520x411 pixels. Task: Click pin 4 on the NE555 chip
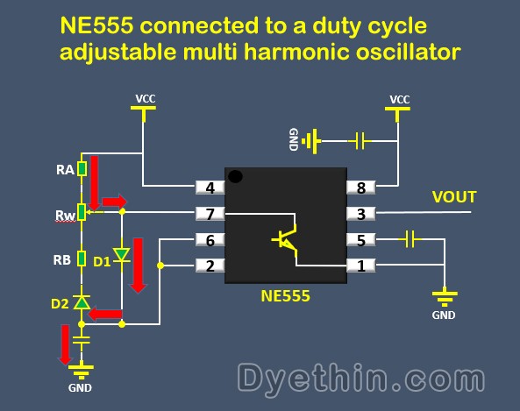(210, 187)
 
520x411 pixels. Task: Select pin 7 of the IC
(210, 213)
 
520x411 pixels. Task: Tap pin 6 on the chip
(210, 240)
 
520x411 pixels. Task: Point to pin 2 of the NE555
(210, 265)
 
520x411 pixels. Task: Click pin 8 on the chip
(362, 187)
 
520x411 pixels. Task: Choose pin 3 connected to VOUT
(362, 213)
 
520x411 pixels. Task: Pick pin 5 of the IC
(362, 239)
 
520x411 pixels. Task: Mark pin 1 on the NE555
(362, 265)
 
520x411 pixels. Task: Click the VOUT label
(454, 197)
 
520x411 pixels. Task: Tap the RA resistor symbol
(82, 168)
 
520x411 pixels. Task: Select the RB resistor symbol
(82, 259)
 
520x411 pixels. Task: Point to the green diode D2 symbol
(82, 302)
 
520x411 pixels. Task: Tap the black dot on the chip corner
(235, 178)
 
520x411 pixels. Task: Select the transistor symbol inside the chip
(284, 239)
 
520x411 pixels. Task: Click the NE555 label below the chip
(285, 297)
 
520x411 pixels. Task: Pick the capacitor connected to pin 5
(408, 238)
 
